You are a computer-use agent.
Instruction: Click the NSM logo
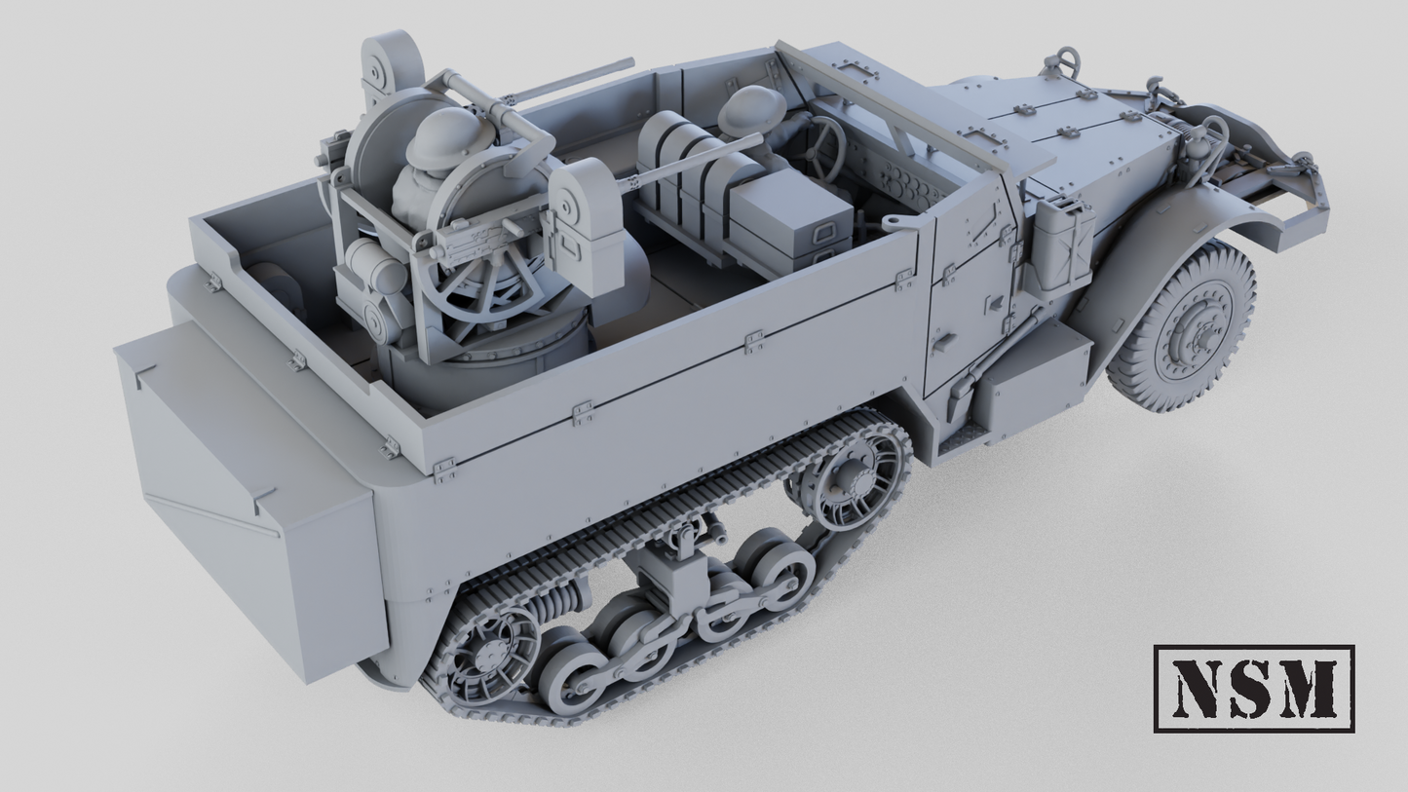point(1253,688)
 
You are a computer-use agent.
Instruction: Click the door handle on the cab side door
point(940,343)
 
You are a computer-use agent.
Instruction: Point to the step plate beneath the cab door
point(960,440)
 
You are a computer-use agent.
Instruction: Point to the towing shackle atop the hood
point(1064,63)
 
